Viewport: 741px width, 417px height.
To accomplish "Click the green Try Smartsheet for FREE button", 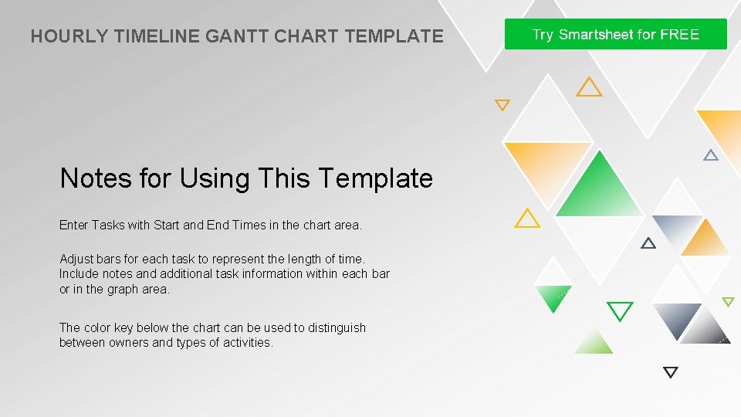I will (615, 35).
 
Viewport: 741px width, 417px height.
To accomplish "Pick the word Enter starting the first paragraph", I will (74, 225).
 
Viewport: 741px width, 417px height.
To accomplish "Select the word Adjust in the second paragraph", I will (76, 259).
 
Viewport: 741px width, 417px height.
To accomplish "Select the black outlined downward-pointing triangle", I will (671, 372).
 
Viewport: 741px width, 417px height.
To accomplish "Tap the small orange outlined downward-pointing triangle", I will (502, 105).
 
